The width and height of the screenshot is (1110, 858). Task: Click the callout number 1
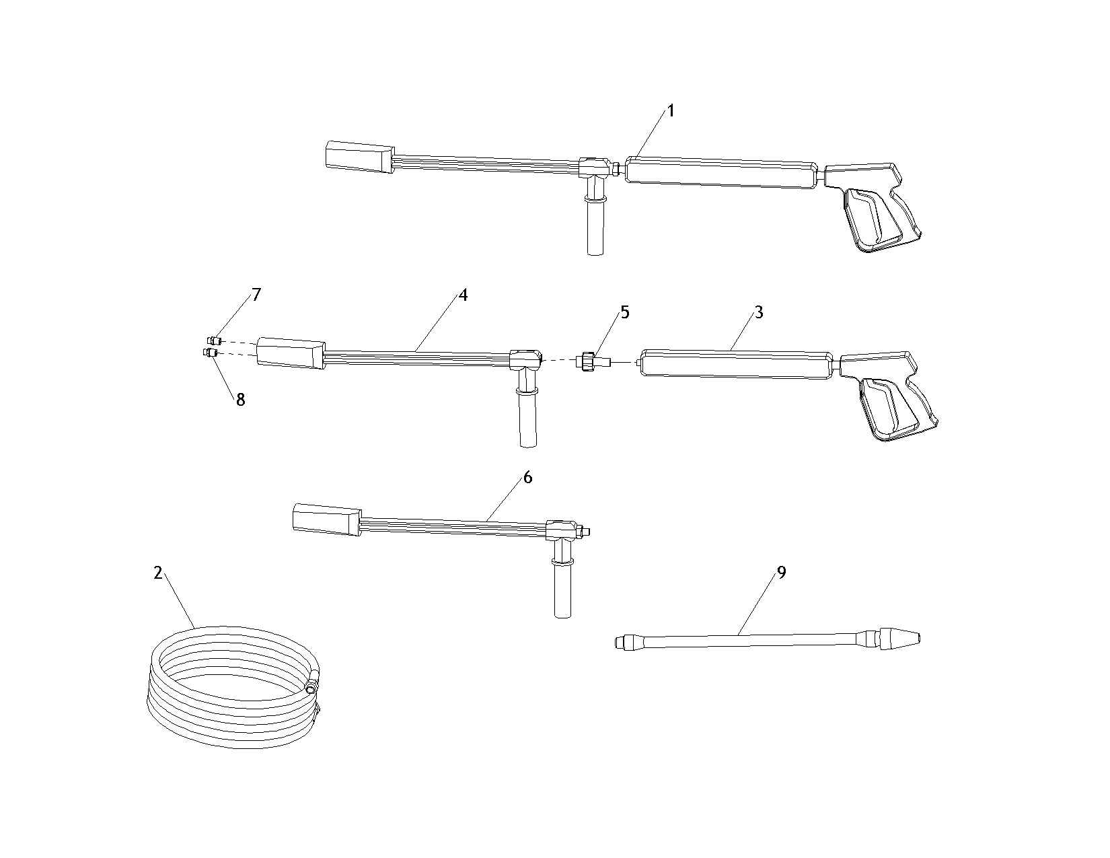pyautogui.click(x=671, y=110)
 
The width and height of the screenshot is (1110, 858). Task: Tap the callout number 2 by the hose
pyautogui.click(x=158, y=573)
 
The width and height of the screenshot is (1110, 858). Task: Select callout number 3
pyautogui.click(x=759, y=312)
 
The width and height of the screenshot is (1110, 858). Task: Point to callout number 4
pyautogui.click(x=463, y=295)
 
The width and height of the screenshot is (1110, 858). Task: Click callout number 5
pyautogui.click(x=625, y=312)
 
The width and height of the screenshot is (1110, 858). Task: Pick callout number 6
pyautogui.click(x=527, y=477)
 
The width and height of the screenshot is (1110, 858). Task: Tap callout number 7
pyautogui.click(x=256, y=294)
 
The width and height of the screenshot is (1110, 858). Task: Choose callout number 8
pyautogui.click(x=241, y=400)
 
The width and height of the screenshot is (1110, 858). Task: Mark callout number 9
pyautogui.click(x=782, y=573)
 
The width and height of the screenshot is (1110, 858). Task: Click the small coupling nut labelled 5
pyautogui.click(x=589, y=361)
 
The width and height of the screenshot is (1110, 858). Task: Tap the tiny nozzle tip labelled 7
pyautogui.click(x=215, y=341)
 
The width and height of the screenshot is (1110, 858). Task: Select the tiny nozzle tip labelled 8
pyautogui.click(x=210, y=353)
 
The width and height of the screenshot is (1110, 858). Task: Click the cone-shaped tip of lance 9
pyautogui.click(x=899, y=639)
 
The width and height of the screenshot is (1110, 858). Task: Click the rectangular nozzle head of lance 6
pyautogui.click(x=327, y=520)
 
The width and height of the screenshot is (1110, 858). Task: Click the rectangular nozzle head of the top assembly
pyautogui.click(x=360, y=156)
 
